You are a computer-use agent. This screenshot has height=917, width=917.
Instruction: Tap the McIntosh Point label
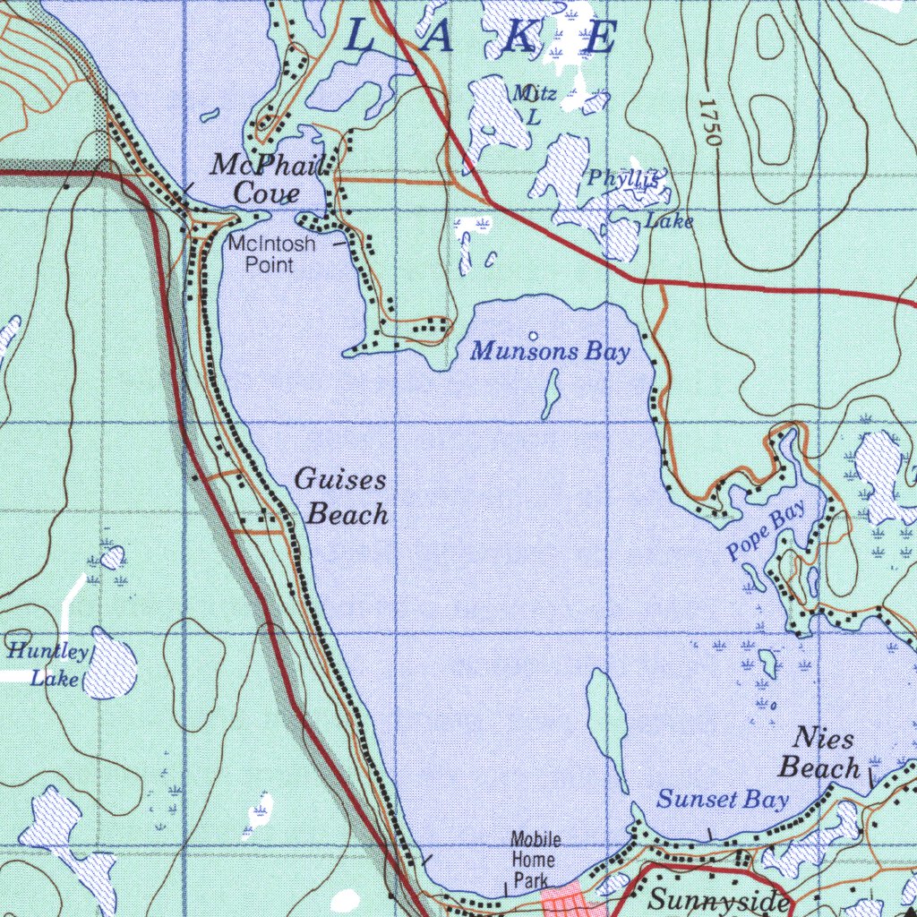(271, 254)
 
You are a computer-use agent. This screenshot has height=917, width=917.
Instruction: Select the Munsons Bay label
(550, 351)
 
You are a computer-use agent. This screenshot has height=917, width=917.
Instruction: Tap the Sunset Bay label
(722, 800)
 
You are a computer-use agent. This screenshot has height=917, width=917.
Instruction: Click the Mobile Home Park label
(536, 860)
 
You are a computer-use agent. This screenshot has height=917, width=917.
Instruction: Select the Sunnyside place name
(719, 900)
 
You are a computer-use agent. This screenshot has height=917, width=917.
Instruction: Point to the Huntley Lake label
(48, 664)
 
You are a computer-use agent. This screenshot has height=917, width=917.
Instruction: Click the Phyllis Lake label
(638, 197)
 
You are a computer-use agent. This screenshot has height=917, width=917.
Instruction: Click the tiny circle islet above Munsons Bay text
(534, 337)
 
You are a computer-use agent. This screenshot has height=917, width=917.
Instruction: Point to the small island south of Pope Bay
(768, 663)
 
